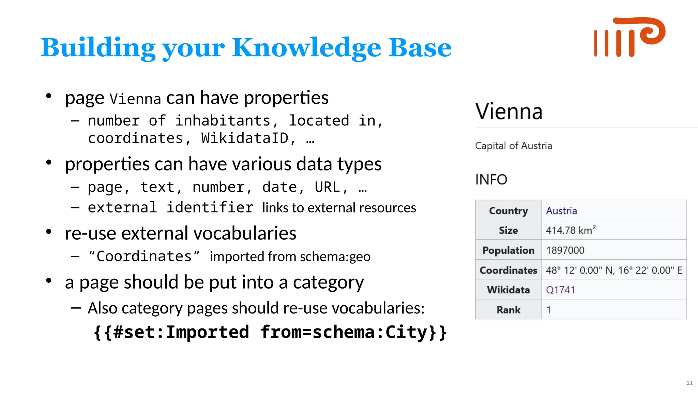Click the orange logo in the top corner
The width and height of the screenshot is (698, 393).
pos(629,37)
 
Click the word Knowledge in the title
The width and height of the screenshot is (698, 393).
pos(306,48)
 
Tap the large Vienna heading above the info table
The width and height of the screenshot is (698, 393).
pos(509,112)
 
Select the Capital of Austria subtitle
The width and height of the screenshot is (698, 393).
pos(513,146)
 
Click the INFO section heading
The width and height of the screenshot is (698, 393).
pos(491,180)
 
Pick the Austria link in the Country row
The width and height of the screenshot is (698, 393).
pos(561,211)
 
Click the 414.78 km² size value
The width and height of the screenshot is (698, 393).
pos(570,230)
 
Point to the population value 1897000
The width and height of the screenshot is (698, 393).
pos(565,250)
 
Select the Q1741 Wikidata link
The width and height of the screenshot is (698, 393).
pos(560,290)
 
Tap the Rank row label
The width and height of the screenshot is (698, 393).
pos(508,310)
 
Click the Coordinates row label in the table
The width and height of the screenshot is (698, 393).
pos(508,270)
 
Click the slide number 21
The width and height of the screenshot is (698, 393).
pos(689,383)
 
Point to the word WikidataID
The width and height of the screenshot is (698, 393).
pos(245,138)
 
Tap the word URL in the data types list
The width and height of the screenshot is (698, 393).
pos(327,187)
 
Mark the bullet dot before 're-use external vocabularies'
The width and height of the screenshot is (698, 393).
pos(49,232)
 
